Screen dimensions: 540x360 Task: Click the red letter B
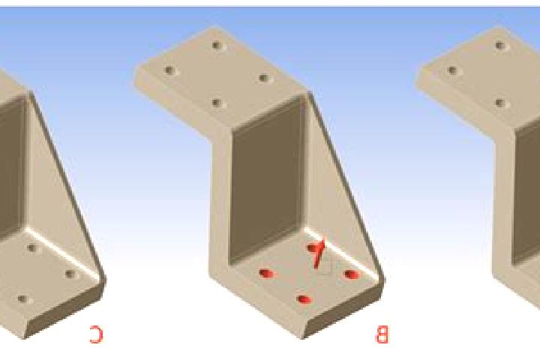pyautogui.click(x=382, y=334)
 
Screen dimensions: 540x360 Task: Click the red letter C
pyautogui.click(x=96, y=334)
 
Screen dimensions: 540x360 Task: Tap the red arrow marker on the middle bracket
pyautogui.click(x=319, y=253)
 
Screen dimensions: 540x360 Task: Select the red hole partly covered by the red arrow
pyautogui.click(x=313, y=248)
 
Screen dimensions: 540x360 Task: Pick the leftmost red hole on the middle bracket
pyautogui.click(x=266, y=274)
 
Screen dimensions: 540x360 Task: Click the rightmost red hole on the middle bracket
pyautogui.click(x=351, y=274)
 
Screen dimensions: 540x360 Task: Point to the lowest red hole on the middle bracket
pyautogui.click(x=304, y=300)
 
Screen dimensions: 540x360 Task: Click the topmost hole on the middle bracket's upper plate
pyautogui.click(x=217, y=45)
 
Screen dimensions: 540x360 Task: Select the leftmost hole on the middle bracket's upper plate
pyautogui.click(x=169, y=70)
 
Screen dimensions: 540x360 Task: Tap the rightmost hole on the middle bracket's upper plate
pyautogui.click(x=264, y=78)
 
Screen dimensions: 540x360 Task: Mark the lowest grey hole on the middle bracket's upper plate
pyautogui.click(x=216, y=103)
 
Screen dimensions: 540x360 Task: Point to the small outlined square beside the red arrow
pyautogui.click(x=325, y=265)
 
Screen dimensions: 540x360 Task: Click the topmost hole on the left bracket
pyautogui.click(x=32, y=247)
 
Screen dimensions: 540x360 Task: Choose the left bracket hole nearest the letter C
pyautogui.click(x=70, y=274)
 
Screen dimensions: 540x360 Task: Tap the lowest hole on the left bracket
pyautogui.click(x=23, y=299)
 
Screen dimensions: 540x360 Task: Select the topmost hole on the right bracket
pyautogui.click(x=500, y=46)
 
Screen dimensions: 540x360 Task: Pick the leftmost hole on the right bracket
pyautogui.click(x=452, y=70)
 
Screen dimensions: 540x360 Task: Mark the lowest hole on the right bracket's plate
pyautogui.click(x=499, y=103)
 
